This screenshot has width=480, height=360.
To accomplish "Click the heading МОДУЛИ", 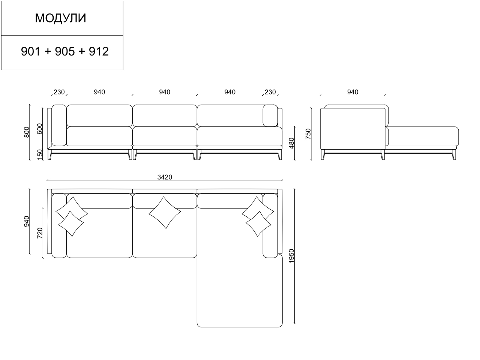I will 61,18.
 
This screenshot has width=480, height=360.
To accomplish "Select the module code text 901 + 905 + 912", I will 64,51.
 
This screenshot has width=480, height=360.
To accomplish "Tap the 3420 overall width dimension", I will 165,177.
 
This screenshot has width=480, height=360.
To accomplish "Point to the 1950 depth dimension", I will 292,256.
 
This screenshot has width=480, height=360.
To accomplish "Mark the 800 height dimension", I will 27,132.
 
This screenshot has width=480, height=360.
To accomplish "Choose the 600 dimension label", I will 40,128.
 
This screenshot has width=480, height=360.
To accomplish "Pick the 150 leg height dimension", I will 40,154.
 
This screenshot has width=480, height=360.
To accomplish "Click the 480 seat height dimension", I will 292,143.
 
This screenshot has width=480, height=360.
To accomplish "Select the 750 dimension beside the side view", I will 308,134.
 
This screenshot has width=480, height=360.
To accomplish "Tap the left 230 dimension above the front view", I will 59,92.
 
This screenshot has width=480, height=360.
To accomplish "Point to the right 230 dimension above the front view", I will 270,92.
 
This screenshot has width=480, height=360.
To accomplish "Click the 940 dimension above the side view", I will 352,92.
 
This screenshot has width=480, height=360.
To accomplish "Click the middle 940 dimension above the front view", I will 165,92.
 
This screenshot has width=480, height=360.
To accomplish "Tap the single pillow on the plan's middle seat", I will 165,213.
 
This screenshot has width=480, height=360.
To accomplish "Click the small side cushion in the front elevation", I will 270,115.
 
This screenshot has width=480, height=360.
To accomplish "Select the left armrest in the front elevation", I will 59,125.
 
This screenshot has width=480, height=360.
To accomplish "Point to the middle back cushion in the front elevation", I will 165,115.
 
